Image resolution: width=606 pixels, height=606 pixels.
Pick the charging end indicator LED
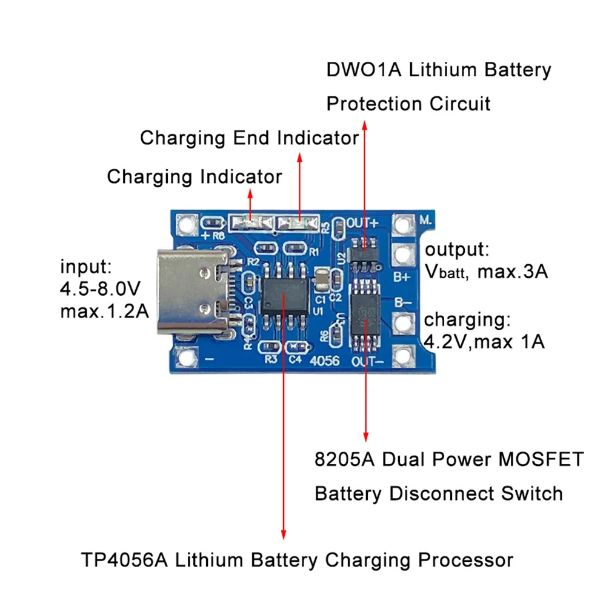[298, 224]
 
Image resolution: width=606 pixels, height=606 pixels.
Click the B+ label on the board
[403, 278]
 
